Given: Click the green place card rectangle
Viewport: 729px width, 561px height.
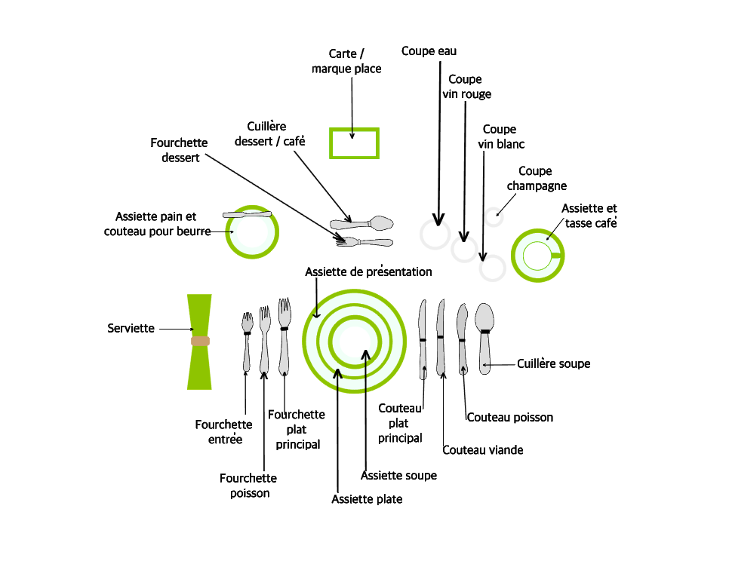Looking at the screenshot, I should pyautogui.click(x=354, y=143).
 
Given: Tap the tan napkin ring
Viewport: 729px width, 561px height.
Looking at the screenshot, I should pyautogui.click(x=200, y=341).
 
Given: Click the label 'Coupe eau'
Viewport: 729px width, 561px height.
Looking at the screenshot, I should pyautogui.click(x=429, y=51).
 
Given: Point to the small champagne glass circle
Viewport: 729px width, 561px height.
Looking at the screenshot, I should pyautogui.click(x=494, y=217).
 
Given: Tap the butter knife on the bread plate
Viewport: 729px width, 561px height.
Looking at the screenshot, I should pyautogui.click(x=247, y=215).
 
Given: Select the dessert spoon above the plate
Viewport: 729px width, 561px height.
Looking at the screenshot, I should pyautogui.click(x=362, y=224).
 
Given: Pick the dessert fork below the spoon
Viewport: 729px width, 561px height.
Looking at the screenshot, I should pyautogui.click(x=365, y=242).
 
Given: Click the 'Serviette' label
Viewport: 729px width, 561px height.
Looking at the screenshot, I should pyautogui.click(x=131, y=329).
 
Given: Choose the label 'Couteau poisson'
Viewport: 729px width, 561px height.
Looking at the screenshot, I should pyautogui.click(x=509, y=417).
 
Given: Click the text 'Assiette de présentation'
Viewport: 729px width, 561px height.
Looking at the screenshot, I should pyautogui.click(x=368, y=271).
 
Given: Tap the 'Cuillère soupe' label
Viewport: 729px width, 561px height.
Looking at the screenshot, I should pyautogui.click(x=553, y=363).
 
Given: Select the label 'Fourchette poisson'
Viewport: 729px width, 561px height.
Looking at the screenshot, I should pyautogui.click(x=248, y=486).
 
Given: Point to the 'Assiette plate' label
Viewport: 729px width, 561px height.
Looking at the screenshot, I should pyautogui.click(x=367, y=499).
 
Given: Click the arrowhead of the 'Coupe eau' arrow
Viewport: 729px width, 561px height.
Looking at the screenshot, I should pyautogui.click(x=438, y=220).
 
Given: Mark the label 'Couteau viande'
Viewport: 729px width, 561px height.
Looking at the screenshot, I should pyautogui.click(x=482, y=450).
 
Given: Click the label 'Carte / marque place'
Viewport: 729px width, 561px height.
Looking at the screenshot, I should pyautogui.click(x=346, y=61).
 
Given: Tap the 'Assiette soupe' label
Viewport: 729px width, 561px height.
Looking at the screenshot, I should pyautogui.click(x=398, y=476).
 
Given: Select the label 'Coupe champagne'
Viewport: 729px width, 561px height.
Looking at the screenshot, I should pyautogui.click(x=536, y=179).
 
